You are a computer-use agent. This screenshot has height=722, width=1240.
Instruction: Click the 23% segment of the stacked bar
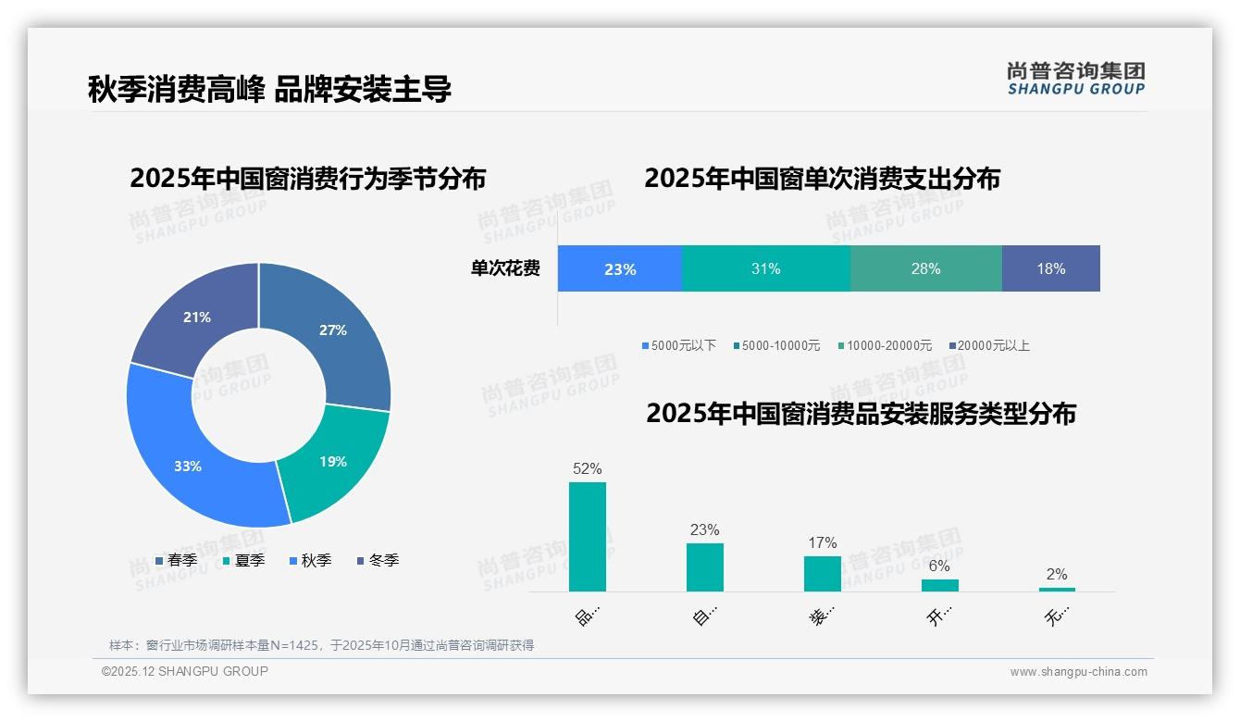coord(620,269)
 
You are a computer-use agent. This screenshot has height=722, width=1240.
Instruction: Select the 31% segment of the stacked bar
coord(765,269)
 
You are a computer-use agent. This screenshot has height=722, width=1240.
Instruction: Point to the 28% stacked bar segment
coord(925,269)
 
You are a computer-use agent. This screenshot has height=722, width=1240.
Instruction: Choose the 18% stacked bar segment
coord(1051,269)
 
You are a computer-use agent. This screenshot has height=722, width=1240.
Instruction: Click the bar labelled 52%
coord(588,537)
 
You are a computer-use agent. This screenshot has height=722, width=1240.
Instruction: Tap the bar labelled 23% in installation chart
coord(705,566)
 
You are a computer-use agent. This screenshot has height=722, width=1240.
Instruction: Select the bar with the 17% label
coord(823,573)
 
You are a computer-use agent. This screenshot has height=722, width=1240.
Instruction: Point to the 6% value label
coord(939,566)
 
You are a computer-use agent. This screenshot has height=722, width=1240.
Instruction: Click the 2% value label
coord(1057,574)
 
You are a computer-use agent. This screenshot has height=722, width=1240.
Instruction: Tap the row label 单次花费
coord(505,269)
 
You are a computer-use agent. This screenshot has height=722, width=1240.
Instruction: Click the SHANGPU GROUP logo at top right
coord(1076,79)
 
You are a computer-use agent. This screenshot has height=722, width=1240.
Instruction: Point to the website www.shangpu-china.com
coord(1078,672)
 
